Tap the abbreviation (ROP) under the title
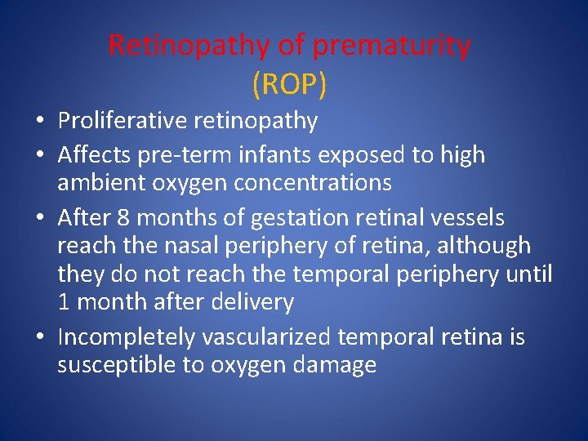point(289,82)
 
